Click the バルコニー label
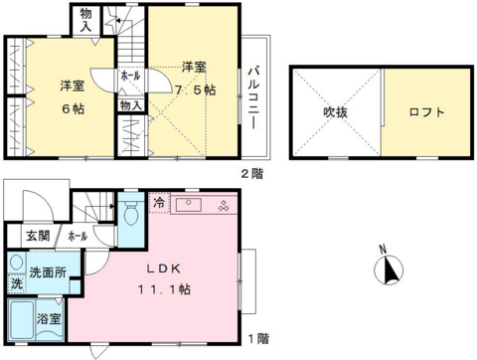click(x=253, y=96)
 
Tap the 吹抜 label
click(x=335, y=111)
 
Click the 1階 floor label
click(x=256, y=337)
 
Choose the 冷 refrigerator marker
click(x=159, y=203)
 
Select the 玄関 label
click(x=37, y=235)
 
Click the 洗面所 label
click(x=47, y=270)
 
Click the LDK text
click(x=166, y=269)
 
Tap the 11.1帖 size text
click(x=166, y=290)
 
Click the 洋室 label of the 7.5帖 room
click(x=194, y=68)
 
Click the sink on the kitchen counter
click(x=190, y=206)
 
